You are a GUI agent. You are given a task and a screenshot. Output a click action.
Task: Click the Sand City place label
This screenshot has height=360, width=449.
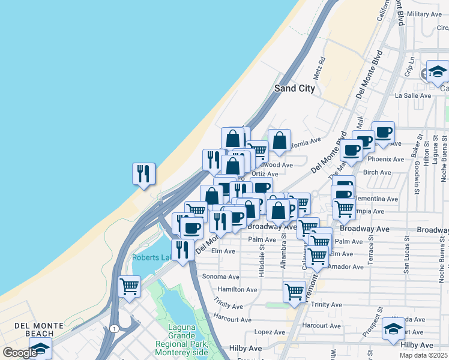[x=294, y=88]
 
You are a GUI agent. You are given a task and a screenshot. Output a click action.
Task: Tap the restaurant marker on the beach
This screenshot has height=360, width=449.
[x=144, y=174]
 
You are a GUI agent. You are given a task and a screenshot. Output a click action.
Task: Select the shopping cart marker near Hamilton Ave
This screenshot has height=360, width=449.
[x=294, y=292]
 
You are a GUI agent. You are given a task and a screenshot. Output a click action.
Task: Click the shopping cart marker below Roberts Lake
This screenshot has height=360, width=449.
[x=129, y=287]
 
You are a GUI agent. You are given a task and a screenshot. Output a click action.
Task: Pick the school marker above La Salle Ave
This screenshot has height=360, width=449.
[x=438, y=72]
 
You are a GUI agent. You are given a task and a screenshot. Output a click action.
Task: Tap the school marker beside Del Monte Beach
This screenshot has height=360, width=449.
[x=40, y=349]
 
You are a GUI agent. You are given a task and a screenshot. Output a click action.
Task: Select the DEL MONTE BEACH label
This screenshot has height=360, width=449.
[x=39, y=326]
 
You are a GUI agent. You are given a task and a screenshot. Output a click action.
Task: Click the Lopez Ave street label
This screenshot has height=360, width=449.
[x=269, y=332]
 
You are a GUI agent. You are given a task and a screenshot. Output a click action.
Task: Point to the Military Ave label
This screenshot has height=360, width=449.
[x=424, y=14]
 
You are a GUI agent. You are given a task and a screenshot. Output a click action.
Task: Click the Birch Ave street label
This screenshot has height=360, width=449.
[x=377, y=172]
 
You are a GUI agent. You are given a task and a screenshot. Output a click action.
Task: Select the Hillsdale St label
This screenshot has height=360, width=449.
[x=262, y=260]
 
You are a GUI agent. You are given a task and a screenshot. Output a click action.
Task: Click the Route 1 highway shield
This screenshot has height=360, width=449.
[x=113, y=328]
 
